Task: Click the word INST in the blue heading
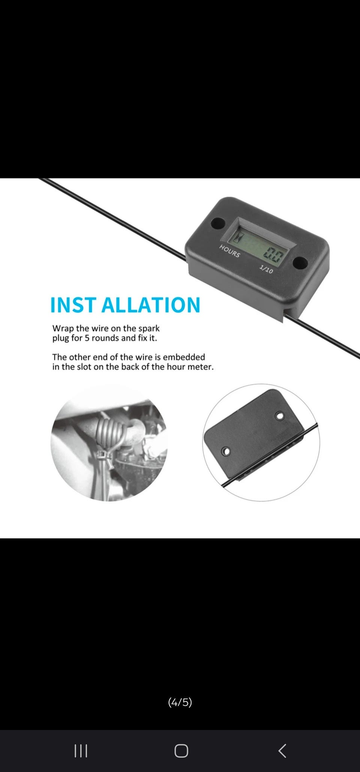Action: [x=73, y=305]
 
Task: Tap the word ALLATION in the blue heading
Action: [x=151, y=305]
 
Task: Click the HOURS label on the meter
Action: [x=229, y=251]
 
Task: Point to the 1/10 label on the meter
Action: [x=266, y=269]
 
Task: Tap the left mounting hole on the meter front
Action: [x=216, y=223]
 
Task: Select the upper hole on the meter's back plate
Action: [x=279, y=416]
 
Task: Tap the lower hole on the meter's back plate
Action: [x=226, y=451]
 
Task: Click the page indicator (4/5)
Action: [x=180, y=702]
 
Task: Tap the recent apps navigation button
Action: [x=81, y=751]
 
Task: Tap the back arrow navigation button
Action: [x=282, y=751]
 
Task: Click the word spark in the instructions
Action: [x=149, y=329]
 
